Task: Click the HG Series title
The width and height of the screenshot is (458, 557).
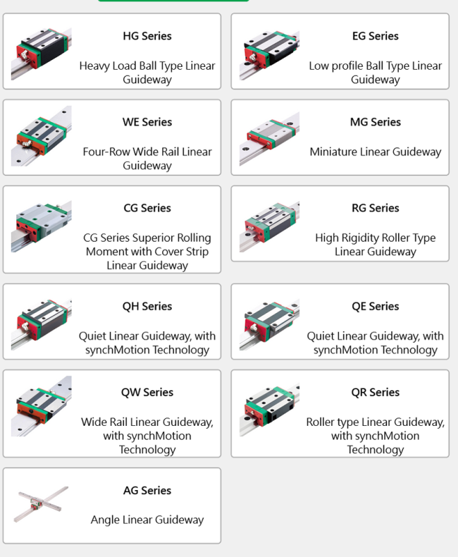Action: pyautogui.click(x=147, y=36)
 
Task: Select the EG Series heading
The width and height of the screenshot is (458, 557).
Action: pyautogui.click(x=375, y=36)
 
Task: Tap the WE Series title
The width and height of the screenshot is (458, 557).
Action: pyautogui.click(x=147, y=122)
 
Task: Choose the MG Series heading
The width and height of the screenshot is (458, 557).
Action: pyautogui.click(x=375, y=122)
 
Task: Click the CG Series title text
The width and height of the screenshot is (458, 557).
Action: pyautogui.click(x=147, y=208)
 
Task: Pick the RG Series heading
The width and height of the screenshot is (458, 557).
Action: pyautogui.click(x=375, y=208)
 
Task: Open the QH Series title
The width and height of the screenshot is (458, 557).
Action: pyautogui.click(x=147, y=306)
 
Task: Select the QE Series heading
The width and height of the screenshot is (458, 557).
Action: pyautogui.click(x=375, y=306)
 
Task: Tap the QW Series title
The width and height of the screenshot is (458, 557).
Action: pyautogui.click(x=147, y=392)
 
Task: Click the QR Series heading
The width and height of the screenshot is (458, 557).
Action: pyautogui.click(x=375, y=392)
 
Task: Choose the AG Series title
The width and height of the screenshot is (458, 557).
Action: pyautogui.click(x=147, y=490)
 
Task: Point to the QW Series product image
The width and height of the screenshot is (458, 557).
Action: pyautogui.click(x=41, y=406)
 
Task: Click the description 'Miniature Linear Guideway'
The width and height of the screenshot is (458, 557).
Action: pyautogui.click(x=375, y=152)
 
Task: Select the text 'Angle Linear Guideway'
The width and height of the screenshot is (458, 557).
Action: pyautogui.click(x=147, y=520)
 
